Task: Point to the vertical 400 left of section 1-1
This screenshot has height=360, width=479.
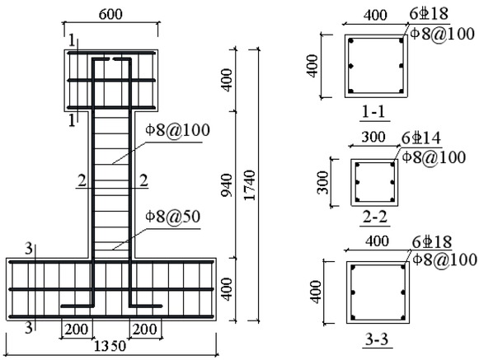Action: [x=312, y=63]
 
